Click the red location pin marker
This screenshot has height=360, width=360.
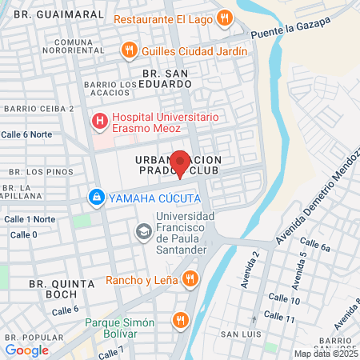point(180,163)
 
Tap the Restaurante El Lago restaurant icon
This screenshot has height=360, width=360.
point(225,18)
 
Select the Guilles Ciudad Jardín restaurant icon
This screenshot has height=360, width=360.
point(129,51)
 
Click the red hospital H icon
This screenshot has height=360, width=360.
point(100,122)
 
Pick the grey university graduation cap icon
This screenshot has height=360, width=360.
point(143,232)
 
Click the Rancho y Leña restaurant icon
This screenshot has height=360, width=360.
point(190,280)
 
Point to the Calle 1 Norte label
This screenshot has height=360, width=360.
point(30,218)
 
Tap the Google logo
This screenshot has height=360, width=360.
point(26,350)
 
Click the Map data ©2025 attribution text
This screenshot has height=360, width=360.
point(326,354)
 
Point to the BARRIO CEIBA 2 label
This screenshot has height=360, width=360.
point(38,108)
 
